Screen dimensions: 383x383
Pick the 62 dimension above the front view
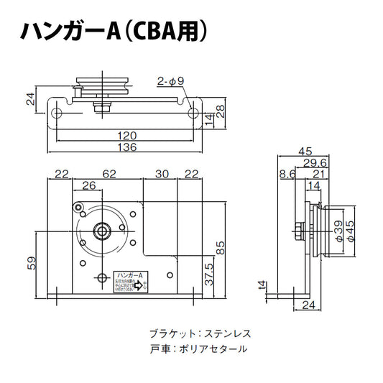109,174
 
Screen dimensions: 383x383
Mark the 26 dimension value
89,186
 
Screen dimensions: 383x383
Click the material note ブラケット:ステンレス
199,334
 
